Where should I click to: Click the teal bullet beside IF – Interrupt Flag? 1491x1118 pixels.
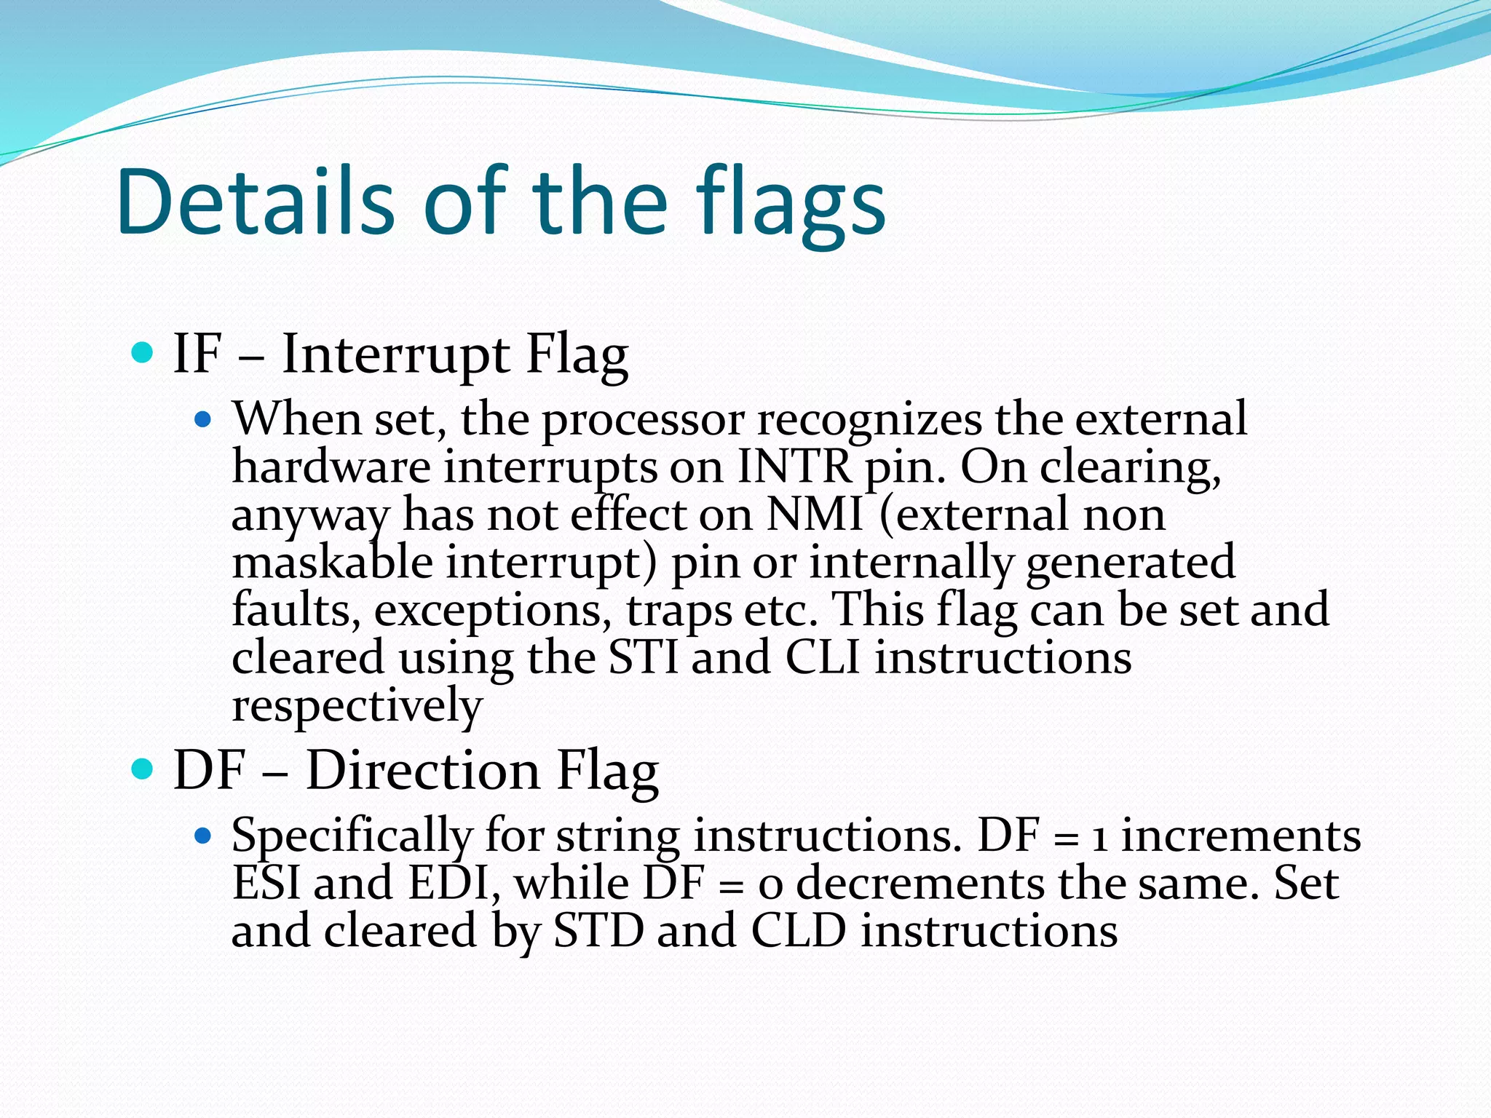point(143,354)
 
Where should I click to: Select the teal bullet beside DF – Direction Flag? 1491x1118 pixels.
point(143,769)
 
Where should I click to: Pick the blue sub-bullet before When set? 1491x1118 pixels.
point(203,420)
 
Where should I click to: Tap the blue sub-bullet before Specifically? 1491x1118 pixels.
point(203,836)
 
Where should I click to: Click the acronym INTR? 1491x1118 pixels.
point(794,467)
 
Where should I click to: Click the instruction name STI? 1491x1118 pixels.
point(644,657)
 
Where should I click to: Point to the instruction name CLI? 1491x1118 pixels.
point(823,657)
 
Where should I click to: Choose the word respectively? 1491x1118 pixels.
point(357,706)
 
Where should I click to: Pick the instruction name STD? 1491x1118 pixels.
point(598,931)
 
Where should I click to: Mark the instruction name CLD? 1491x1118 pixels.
point(798,931)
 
